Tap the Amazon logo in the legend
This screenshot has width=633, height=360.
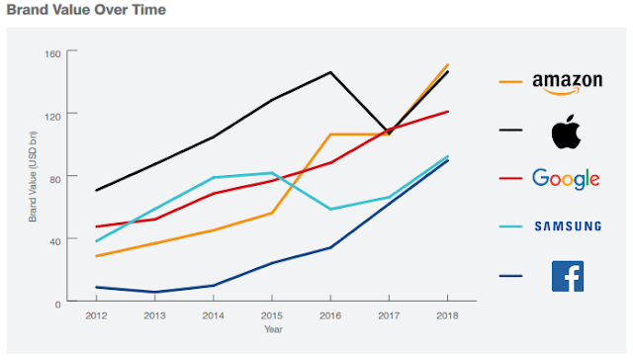pos(566,82)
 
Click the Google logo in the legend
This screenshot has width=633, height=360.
pos(566,179)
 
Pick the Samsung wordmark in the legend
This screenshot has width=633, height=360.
pos(567,227)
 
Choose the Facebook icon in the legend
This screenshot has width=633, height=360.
pos(567,276)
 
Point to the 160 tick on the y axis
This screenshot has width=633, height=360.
pos(52,52)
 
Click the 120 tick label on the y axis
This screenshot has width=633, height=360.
pos(52,115)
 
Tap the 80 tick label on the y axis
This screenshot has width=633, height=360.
pos(55,177)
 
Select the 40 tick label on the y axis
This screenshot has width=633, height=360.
pos(55,239)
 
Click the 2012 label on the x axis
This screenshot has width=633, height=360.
pos(95,316)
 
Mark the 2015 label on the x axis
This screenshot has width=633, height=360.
pos(271,316)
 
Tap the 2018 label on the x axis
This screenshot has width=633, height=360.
pos(447,316)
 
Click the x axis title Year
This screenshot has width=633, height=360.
pos(272,329)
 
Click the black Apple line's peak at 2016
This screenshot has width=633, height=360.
pos(330,72)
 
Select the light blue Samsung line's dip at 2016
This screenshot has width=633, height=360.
pos(330,210)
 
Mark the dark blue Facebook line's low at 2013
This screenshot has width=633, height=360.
pos(154,292)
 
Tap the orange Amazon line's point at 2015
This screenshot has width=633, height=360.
pos(272,213)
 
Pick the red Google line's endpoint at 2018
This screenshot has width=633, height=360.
pos(448,112)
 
